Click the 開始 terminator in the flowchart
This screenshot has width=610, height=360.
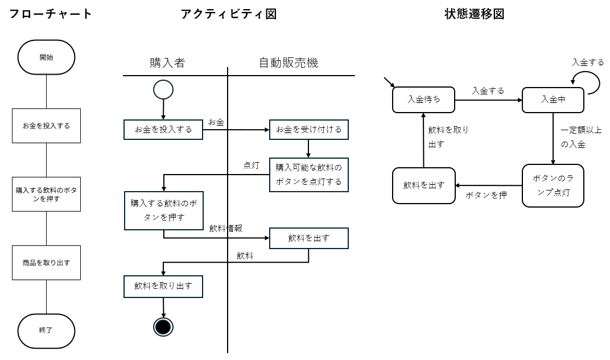46,57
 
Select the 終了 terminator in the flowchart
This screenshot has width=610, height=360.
46,331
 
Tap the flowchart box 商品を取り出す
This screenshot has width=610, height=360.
46,262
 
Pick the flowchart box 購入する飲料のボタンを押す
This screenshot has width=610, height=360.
46,195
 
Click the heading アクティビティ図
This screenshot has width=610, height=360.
229,14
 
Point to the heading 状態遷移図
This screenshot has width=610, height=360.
475,14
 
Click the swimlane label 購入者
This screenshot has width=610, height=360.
167,63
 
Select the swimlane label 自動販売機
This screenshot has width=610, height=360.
288,63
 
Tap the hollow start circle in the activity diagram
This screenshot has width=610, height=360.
163,90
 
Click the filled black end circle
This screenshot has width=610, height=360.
163,327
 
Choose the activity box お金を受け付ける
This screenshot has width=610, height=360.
309,130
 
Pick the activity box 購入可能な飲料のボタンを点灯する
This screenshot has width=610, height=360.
309,175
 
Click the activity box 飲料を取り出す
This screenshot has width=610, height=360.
163,287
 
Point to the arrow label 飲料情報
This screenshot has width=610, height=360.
226,228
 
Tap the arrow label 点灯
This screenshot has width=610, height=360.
252,165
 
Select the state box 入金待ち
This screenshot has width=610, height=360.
424,100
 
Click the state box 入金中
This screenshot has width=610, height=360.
553,100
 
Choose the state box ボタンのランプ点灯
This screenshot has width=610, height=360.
553,185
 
